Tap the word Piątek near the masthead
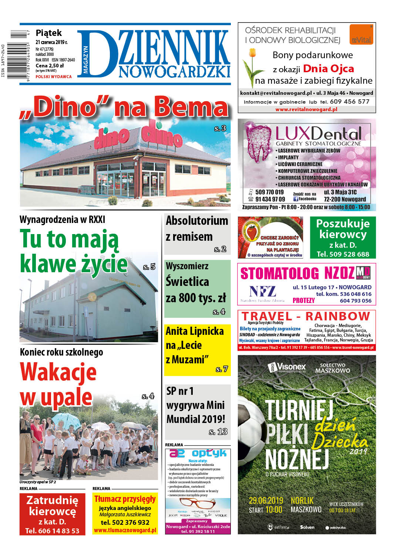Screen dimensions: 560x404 tap(48, 33)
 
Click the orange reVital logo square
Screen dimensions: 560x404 tap(361, 34)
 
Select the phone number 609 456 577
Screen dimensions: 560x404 tap(350, 101)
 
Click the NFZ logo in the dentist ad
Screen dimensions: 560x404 tap(262, 291)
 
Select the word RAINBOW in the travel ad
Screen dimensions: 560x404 tap(337, 316)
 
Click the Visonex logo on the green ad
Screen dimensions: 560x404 tap(287, 367)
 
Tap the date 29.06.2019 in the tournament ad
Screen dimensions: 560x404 tap(266, 500)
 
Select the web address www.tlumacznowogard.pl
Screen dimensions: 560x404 tap(125, 530)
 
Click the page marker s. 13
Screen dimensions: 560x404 tap(218, 431)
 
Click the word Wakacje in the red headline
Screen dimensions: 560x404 tap(58, 372)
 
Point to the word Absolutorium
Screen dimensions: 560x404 tap(197, 221)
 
